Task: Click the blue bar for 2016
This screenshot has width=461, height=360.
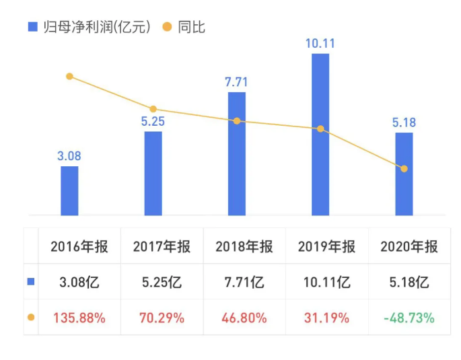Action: (69, 190)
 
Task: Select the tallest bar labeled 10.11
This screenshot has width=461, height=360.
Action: (320, 135)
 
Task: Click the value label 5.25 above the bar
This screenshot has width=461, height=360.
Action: (153, 122)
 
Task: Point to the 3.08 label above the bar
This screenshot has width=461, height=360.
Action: (69, 156)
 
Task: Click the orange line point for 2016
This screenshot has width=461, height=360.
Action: (69, 77)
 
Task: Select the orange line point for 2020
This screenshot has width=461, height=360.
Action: (404, 168)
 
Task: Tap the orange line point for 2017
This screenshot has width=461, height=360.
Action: (153, 109)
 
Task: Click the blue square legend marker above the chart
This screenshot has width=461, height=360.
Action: (32, 27)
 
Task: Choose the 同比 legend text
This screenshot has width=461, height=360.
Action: (192, 27)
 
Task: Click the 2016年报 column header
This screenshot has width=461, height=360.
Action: (79, 246)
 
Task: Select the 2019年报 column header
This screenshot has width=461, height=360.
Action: (326, 246)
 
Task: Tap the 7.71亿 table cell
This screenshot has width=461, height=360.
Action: (244, 283)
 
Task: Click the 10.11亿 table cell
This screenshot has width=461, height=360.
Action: (326, 283)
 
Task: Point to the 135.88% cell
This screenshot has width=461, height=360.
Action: (79, 318)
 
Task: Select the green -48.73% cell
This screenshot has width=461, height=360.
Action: (409, 318)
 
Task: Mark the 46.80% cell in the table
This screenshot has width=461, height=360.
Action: (244, 318)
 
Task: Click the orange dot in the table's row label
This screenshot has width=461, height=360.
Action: (31, 318)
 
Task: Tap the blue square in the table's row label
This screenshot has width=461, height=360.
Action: (31, 282)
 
